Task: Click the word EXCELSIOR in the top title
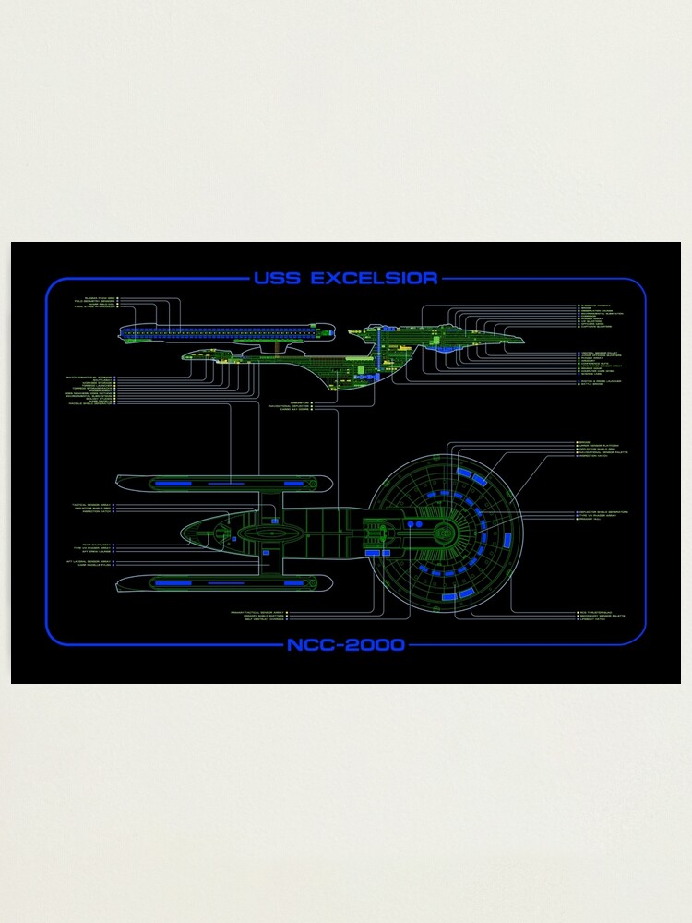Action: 375,279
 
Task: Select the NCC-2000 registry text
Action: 346,644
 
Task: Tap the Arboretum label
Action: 299,402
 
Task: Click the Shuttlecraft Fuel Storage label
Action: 89,377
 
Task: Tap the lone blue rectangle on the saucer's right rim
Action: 506,540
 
